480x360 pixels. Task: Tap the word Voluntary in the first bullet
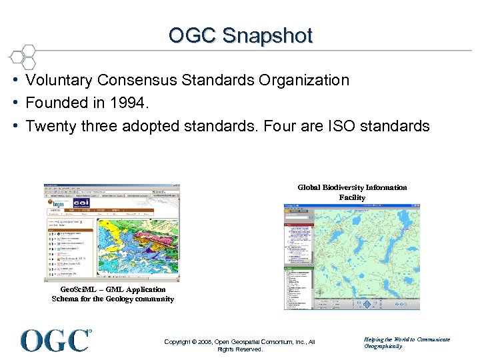click(x=59, y=80)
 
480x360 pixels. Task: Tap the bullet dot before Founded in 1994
click(x=14, y=103)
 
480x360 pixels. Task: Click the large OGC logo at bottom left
click(x=55, y=340)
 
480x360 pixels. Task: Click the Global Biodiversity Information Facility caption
click(x=352, y=192)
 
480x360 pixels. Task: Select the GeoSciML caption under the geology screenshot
click(x=113, y=294)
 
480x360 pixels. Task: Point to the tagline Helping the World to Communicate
click(x=407, y=339)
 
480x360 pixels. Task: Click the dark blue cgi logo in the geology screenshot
click(x=81, y=203)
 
